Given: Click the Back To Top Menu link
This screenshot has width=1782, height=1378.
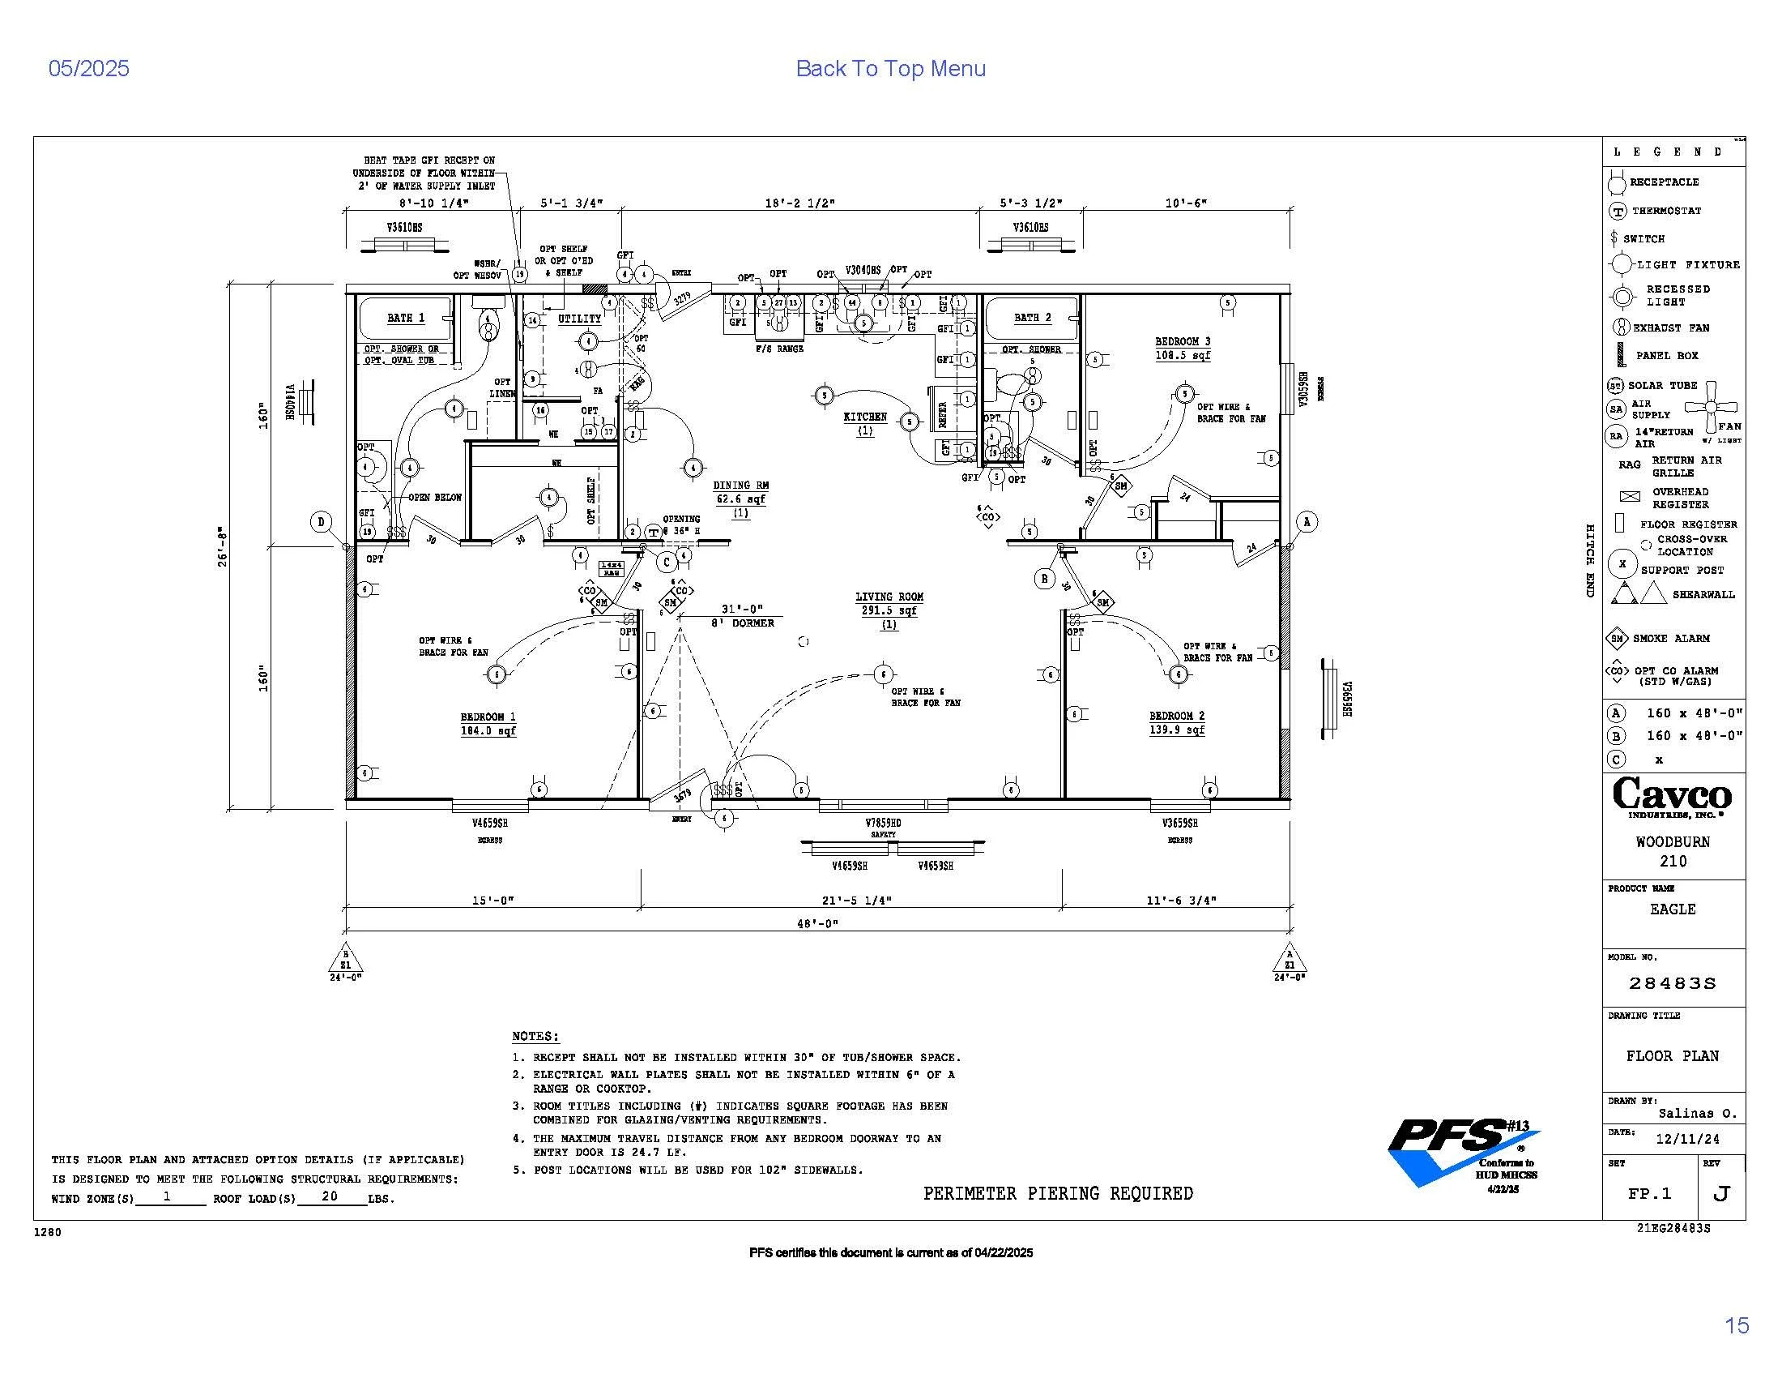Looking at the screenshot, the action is (890, 69).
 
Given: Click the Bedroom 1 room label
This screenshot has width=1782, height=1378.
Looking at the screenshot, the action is (488, 717).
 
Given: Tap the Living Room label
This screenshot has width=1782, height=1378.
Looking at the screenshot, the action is (889, 597).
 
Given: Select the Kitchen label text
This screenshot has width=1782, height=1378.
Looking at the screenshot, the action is (865, 417).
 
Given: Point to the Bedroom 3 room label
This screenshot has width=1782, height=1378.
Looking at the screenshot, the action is (1183, 341).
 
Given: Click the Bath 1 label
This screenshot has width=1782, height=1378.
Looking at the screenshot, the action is (406, 318).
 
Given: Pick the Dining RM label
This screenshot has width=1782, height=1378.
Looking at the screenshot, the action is (740, 485).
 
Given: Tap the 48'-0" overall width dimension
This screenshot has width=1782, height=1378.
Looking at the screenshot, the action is (817, 923).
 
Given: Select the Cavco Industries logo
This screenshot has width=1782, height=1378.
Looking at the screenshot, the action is (1672, 796).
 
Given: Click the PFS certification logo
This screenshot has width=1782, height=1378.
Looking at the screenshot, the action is (1463, 1151).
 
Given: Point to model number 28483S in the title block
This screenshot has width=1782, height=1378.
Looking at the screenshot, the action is (1672, 984).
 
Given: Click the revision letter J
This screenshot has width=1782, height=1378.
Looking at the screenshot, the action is (1720, 1193).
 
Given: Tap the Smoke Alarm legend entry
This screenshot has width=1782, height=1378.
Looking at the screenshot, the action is (1670, 639).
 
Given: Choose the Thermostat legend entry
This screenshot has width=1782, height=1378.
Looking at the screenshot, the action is (1666, 211).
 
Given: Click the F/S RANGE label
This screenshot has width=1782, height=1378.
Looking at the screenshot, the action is (779, 349).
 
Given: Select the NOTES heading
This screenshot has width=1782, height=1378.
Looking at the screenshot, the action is (535, 1036).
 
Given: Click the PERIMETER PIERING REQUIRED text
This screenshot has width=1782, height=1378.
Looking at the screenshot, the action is (1057, 1193).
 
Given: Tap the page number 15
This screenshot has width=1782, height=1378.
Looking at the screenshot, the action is (1737, 1325).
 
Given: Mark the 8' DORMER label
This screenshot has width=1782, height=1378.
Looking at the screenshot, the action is (742, 623).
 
